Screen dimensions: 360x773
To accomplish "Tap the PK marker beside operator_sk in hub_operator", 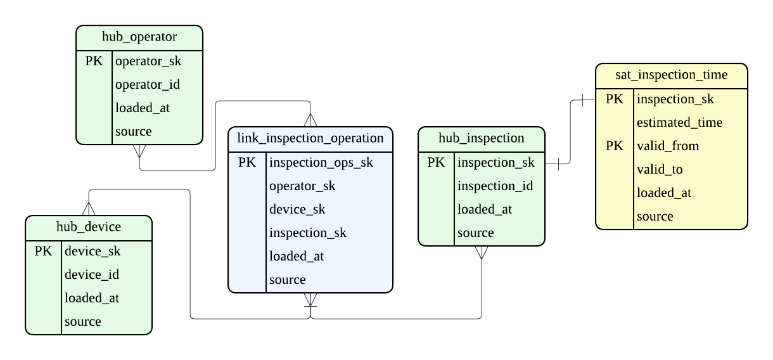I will (94, 61).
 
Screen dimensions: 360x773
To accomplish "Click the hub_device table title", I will (89, 227).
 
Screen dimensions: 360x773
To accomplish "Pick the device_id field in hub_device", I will (92, 274).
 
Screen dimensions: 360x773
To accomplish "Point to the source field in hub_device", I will (82, 321).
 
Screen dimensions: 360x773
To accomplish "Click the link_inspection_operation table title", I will (310, 138).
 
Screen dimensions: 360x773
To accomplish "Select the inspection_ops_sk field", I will (321, 162).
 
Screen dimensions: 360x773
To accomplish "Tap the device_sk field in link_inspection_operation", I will (298, 209).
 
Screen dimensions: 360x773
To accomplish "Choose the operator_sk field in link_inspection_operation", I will (302, 186).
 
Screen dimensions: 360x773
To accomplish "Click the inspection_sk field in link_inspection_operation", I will (308, 233).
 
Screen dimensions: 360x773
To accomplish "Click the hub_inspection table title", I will (482, 138).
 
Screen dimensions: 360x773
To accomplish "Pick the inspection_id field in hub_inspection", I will (495, 186).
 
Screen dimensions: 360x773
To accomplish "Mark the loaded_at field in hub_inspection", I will (485, 209).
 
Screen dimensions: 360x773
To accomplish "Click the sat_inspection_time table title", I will (672, 75).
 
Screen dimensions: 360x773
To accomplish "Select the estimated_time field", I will (679, 122).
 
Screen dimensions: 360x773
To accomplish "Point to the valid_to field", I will (660, 169).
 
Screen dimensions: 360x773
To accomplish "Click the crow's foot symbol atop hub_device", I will (89, 209).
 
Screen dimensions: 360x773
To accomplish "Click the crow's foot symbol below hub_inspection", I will (482, 252).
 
